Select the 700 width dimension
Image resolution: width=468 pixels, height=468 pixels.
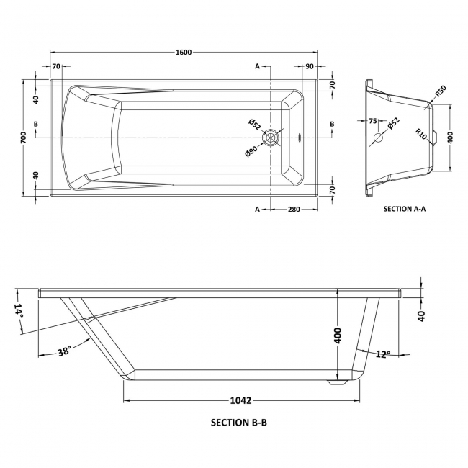point(24,136)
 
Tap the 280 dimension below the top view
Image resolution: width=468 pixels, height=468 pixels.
point(294,209)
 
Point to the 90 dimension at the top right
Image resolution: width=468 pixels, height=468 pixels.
point(309,67)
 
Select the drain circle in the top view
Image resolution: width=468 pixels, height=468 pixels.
point(271,137)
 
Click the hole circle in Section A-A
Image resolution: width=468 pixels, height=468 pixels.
point(379,138)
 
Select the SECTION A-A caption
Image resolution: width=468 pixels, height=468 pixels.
point(405,210)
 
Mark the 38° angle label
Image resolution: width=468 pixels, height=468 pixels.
point(63,351)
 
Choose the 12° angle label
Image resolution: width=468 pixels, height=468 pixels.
point(382,354)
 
